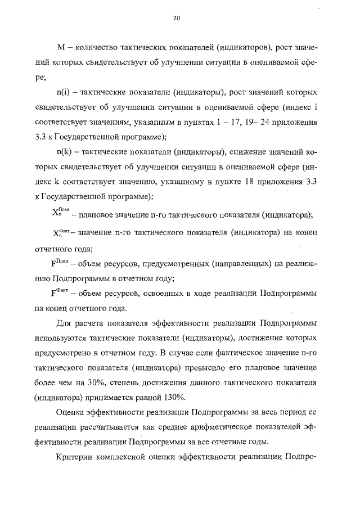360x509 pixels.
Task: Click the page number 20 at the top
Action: (x=176, y=19)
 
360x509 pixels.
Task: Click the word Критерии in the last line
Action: (x=76, y=458)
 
